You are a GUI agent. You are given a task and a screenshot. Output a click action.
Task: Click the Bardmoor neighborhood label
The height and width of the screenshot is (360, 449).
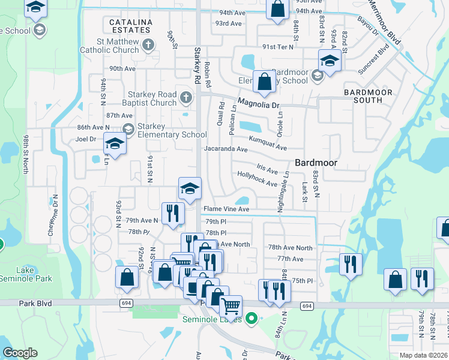click(316, 163)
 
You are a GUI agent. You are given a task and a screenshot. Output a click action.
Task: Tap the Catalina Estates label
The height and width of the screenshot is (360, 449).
click(130, 25)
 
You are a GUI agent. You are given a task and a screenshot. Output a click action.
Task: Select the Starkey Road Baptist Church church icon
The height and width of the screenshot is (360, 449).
click(186, 96)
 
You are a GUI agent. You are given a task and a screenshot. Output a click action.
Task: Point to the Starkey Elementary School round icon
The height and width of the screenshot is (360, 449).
click(128, 128)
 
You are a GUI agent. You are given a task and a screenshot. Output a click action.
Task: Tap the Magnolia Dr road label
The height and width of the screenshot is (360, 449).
click(259, 104)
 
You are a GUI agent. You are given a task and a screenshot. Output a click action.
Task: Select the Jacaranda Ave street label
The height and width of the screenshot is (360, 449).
click(226, 149)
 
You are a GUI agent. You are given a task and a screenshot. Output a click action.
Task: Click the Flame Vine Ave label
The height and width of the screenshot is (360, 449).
click(226, 209)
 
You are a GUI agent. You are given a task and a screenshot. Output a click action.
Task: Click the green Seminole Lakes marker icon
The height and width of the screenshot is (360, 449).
click(252, 319)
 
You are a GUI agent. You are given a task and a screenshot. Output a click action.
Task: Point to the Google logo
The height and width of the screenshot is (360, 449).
click(20, 353)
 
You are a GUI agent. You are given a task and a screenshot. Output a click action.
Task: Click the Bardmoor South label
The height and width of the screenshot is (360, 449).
click(368, 96)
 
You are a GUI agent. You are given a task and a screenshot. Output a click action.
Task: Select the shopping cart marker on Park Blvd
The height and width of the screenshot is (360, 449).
click(231, 305)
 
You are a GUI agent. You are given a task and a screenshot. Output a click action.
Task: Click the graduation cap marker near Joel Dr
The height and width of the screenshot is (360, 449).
click(115, 143)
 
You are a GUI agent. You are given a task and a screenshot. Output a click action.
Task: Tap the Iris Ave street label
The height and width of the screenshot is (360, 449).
click(267, 170)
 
